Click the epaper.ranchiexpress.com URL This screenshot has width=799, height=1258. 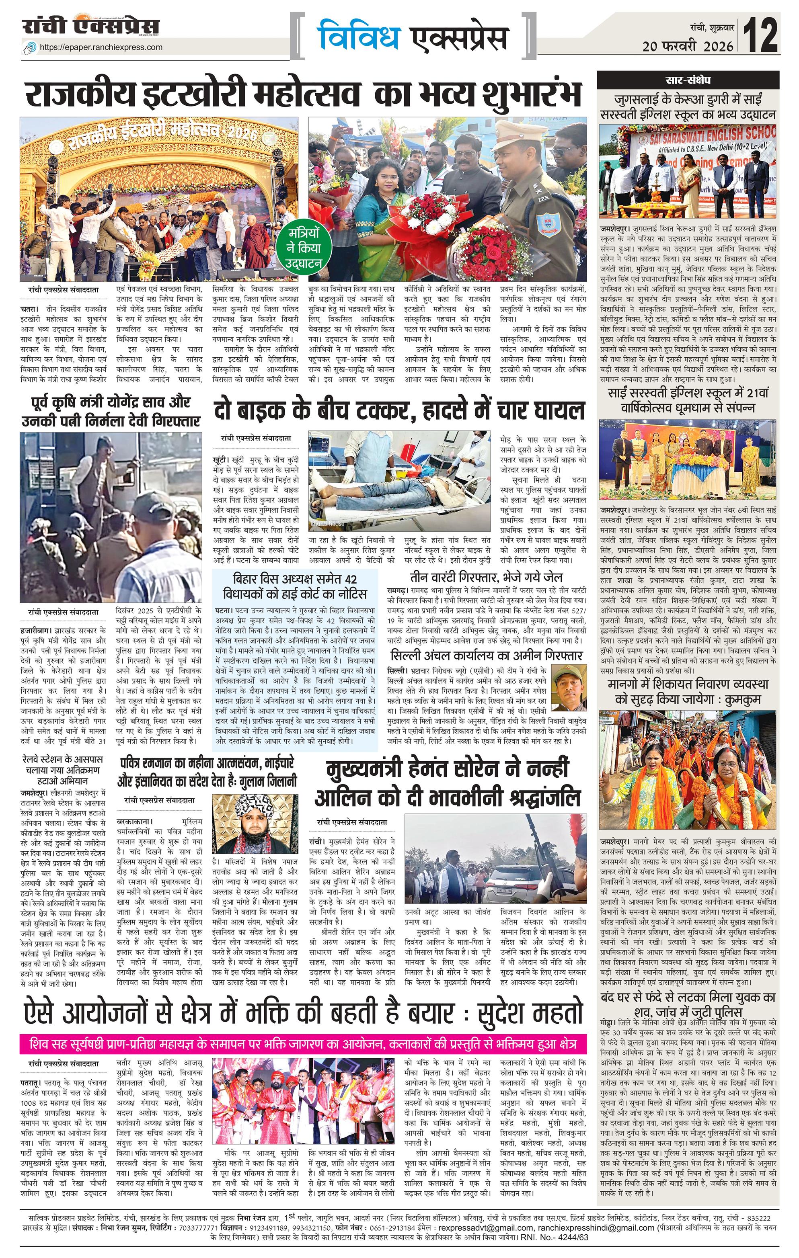101,47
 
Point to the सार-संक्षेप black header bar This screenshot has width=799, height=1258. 687,80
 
